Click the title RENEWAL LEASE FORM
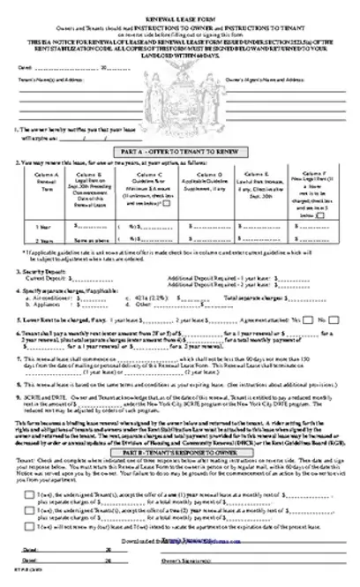(180, 10)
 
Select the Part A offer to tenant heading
(179, 151)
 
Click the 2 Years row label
(47, 240)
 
